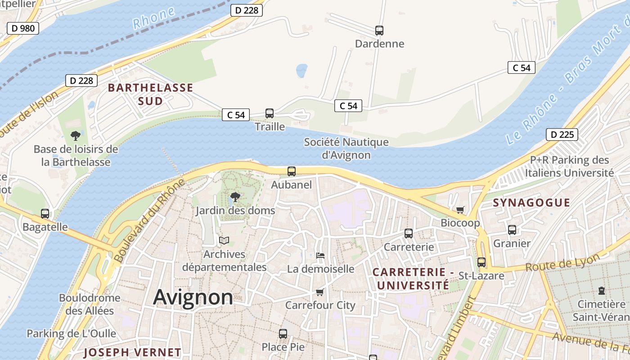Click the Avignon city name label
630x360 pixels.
193,297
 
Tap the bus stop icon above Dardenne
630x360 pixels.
379,31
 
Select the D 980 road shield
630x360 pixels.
23,28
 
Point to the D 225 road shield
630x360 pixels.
562,134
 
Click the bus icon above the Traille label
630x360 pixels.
270,113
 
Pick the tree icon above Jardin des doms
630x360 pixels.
235,197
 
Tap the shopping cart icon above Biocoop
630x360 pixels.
460,210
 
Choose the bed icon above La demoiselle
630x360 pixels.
320,256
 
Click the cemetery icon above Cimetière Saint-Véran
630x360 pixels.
602,291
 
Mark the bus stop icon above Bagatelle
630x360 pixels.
45,214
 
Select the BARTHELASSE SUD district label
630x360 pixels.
150,94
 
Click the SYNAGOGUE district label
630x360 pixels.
531,202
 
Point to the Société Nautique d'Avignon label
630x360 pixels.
346,148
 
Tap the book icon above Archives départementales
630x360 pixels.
224,241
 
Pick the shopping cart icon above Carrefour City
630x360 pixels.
320,292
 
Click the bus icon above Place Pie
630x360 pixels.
283,334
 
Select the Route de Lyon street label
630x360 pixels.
562,262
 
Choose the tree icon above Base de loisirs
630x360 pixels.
76,135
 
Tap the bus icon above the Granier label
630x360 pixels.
512,230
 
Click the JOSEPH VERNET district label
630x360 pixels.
132,352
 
